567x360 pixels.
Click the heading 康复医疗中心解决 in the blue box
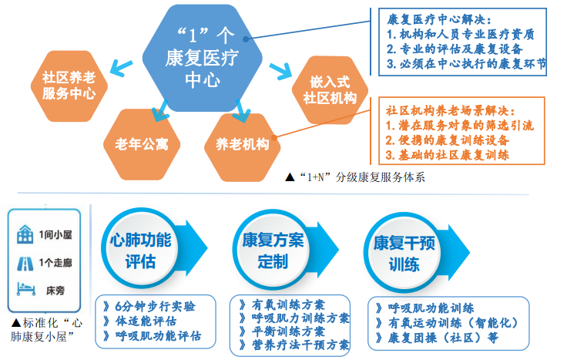[436, 18]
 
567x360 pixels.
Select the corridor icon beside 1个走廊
[24, 264]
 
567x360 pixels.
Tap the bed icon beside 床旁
[24, 291]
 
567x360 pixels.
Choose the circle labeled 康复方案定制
[268, 250]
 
